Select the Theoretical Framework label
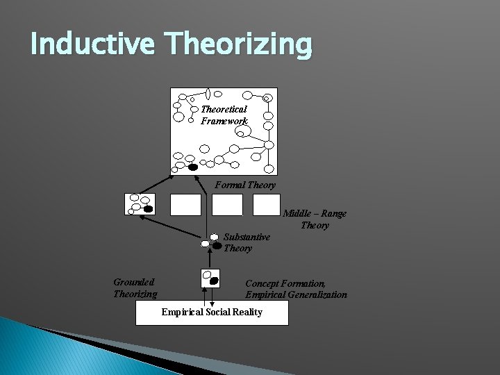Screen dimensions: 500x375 [224, 115]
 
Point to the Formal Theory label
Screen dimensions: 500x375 [245, 185]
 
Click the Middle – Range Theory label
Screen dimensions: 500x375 [315, 219]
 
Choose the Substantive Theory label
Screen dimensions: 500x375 [247, 242]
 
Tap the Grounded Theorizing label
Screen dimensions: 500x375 [135, 288]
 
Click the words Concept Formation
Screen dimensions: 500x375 [285, 283]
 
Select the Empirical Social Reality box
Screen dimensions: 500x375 [212, 312]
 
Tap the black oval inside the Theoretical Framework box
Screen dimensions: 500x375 [193, 167]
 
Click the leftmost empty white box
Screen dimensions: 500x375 [185, 205]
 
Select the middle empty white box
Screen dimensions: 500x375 [227, 205]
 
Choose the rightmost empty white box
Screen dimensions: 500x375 [267, 205]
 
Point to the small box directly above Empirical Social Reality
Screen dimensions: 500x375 [210, 278]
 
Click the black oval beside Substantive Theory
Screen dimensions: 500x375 [217, 245]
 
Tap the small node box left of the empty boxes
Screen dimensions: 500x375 [139, 204]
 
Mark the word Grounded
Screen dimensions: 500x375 [134, 282]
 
